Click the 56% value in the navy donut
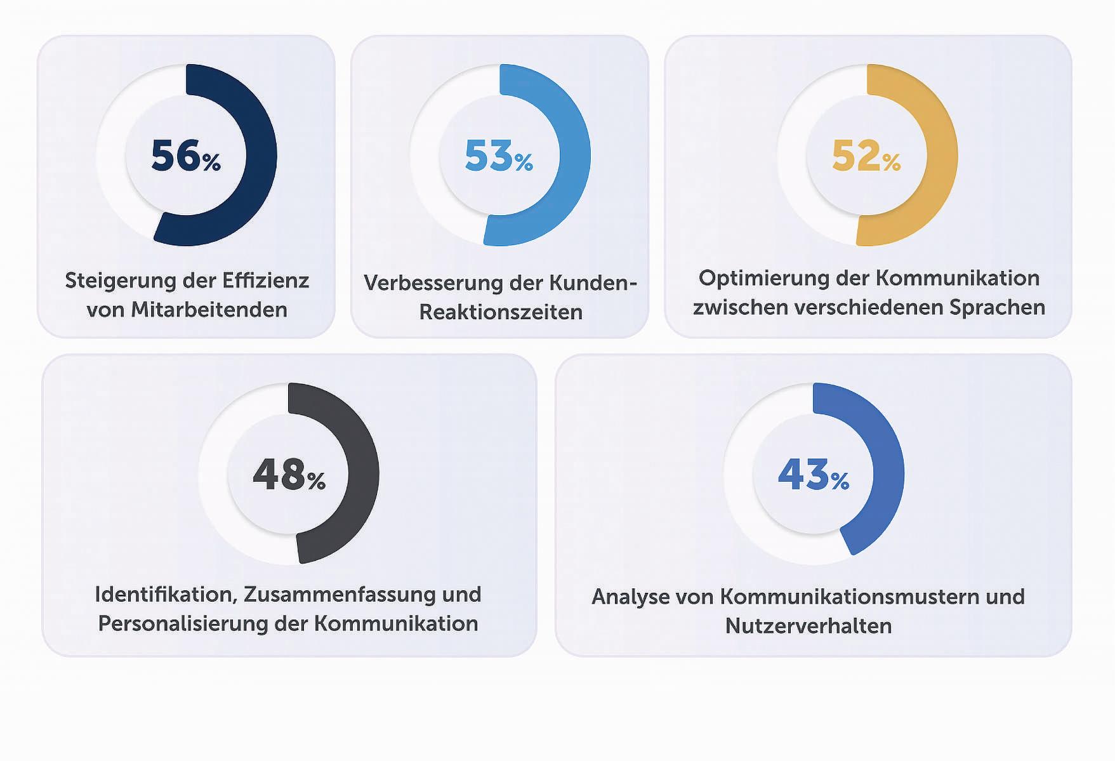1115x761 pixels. point(185,156)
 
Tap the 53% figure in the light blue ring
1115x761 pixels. point(499,156)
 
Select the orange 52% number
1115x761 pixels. point(866,156)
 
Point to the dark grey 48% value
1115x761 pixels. point(289,475)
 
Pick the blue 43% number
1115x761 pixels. point(814,475)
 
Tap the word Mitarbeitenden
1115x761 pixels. point(209,310)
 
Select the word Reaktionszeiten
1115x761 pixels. point(501,312)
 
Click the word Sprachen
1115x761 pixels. point(997,308)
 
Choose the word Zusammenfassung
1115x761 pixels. point(340,595)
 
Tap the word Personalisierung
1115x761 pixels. point(183,625)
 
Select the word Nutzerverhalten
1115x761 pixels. point(808,626)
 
